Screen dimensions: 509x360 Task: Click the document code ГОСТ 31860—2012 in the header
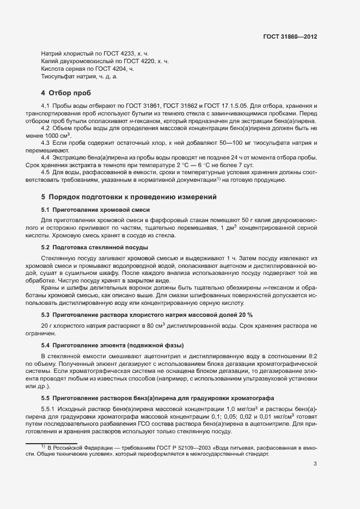[289, 36]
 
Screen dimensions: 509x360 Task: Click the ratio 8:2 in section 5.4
[310, 355]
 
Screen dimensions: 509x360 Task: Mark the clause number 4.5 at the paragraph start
[46, 172]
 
